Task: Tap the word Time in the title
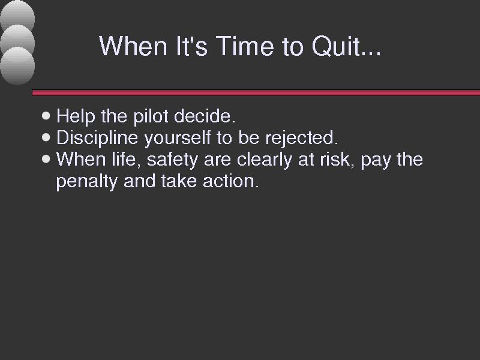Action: (245, 46)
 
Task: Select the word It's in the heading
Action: (191, 46)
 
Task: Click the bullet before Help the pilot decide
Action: (46, 116)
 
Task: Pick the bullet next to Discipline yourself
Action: (46, 137)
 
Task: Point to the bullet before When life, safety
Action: (46, 159)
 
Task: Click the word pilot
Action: (151, 116)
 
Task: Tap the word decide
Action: (205, 116)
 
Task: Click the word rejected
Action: (302, 138)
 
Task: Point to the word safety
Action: (172, 160)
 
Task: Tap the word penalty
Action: (87, 182)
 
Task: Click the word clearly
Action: (265, 160)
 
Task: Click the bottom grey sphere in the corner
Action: (17, 66)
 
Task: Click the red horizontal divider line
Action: (256, 93)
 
